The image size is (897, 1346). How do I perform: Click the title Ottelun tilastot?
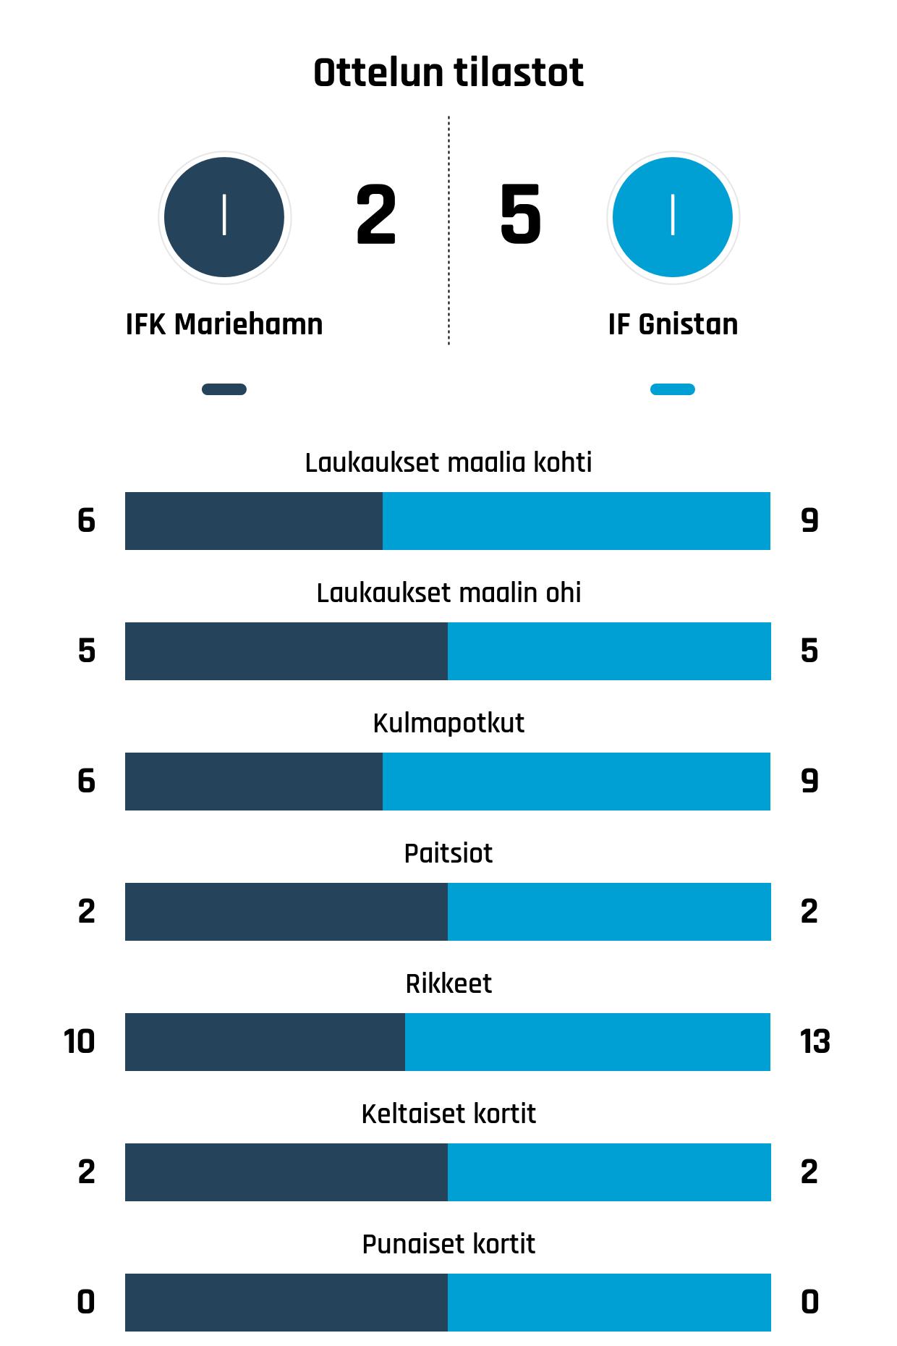[448, 73]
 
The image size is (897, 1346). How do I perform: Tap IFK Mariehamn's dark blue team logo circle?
[224, 217]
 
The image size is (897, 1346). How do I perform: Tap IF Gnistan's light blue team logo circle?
[673, 217]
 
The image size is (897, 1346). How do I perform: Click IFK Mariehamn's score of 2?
[376, 215]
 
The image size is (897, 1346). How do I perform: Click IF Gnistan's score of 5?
[520, 215]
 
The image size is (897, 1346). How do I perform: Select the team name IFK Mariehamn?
[224, 324]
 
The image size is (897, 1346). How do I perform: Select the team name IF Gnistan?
[673, 324]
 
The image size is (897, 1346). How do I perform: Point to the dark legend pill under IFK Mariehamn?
[224, 389]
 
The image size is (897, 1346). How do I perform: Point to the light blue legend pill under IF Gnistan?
[673, 389]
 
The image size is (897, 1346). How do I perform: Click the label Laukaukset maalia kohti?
[448, 462]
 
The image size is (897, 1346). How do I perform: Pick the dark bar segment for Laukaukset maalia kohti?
[254, 521]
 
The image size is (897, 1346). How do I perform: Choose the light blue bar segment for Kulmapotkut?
[577, 782]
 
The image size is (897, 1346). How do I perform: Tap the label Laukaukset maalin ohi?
[448, 593]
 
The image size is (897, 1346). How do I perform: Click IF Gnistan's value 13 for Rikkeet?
[815, 1042]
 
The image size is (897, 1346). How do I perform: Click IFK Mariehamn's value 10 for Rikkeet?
[80, 1042]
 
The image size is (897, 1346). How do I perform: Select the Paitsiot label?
[448, 853]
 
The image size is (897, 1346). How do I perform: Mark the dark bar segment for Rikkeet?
[265, 1042]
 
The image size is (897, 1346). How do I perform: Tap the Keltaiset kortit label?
[448, 1114]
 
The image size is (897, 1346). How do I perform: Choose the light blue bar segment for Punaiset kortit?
[609, 1303]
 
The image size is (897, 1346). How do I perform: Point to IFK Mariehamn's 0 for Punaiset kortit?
[86, 1303]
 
